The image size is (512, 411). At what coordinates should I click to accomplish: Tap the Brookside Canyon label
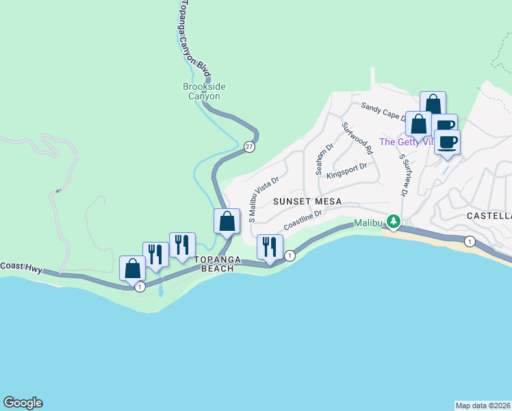click(204, 91)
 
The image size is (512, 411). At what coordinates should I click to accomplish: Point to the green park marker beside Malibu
click(393, 222)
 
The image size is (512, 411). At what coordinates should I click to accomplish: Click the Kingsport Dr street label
click(347, 170)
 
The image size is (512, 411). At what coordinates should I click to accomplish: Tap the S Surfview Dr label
click(404, 175)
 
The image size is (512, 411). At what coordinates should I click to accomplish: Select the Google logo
click(23, 403)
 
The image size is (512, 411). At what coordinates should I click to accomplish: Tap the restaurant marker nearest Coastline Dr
click(270, 247)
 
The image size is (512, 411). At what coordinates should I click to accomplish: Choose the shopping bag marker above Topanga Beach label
click(227, 221)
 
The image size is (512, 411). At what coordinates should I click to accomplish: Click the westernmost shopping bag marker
click(132, 269)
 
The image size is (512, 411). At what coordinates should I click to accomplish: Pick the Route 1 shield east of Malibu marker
click(470, 241)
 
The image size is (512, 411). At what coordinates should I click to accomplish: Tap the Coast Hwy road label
click(21, 267)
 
